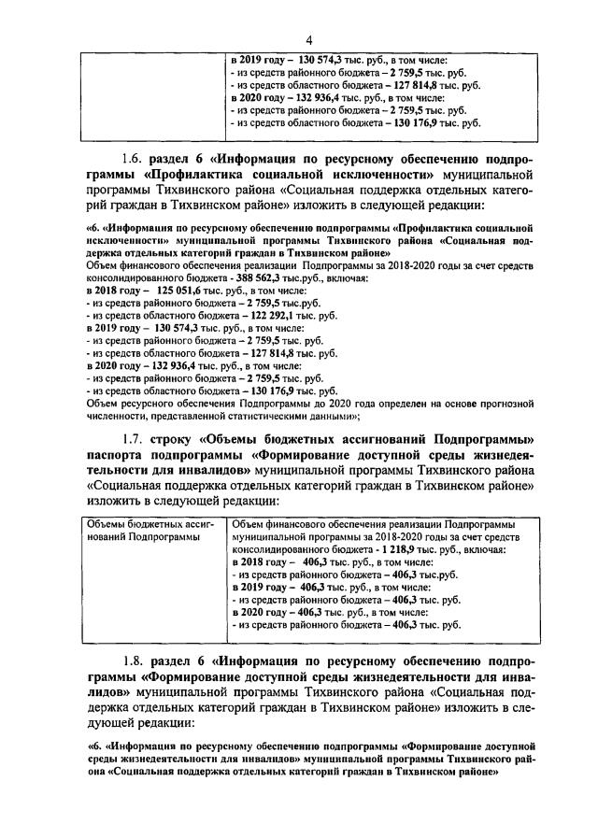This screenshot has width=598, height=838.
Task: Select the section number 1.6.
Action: point(136,157)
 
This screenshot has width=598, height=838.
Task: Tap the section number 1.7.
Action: point(136,438)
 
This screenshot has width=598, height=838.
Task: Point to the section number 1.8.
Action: point(136,661)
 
